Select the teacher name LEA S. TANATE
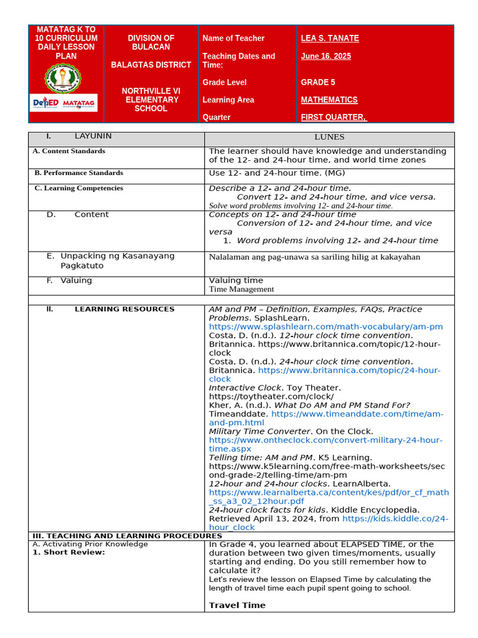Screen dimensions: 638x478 [x=329, y=39]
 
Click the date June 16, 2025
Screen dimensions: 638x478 [x=326, y=57]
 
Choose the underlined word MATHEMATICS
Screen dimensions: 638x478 [x=329, y=100]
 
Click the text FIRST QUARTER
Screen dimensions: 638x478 [x=334, y=117]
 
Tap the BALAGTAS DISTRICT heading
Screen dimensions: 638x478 [x=151, y=65]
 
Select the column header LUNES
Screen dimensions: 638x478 [x=329, y=137]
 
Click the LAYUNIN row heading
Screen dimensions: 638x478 [x=93, y=136]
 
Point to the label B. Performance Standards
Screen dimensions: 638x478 [x=78, y=173]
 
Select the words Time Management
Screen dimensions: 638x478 [x=241, y=289]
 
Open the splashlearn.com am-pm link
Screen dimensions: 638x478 [x=326, y=326]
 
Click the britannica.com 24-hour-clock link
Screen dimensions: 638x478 [x=324, y=374]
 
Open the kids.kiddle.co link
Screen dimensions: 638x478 [x=395, y=519]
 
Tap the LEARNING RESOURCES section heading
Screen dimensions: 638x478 [x=124, y=309]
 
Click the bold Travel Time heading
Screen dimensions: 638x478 [x=237, y=605]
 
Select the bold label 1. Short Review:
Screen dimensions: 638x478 [x=68, y=552]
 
